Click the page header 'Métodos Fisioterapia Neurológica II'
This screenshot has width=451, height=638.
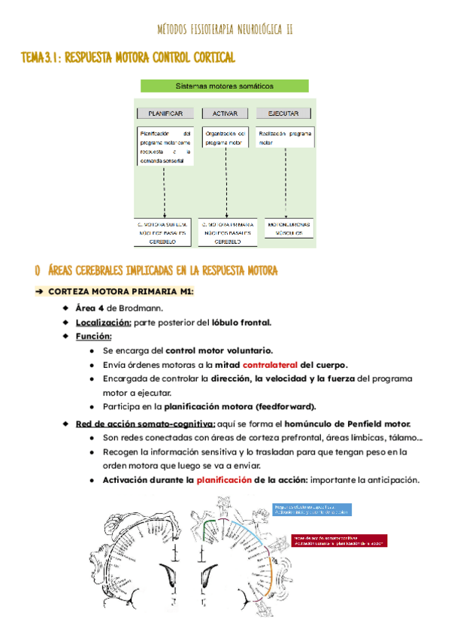pos(225,29)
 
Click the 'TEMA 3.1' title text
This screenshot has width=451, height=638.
pos(44,57)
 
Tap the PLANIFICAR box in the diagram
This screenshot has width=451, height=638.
pos(165,113)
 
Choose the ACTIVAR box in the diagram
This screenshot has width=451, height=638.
pos(225,113)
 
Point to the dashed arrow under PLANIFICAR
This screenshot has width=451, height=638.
pos(163,192)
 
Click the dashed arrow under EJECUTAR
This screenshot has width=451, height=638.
pos(285,184)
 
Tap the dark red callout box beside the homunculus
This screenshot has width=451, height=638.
pos(336,541)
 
